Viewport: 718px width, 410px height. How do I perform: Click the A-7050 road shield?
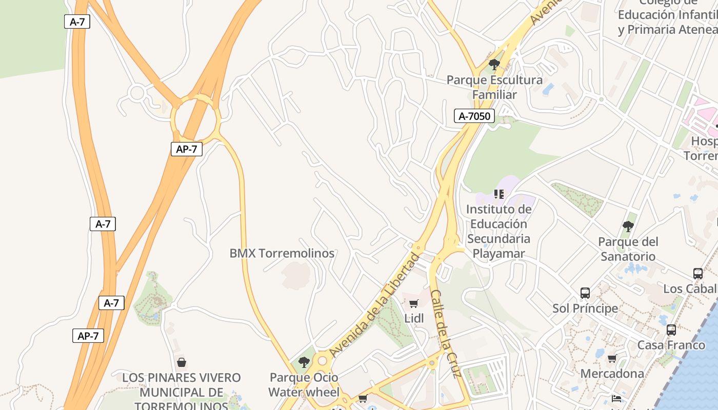coord(474,116)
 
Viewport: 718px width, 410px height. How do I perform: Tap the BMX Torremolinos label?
coord(282,253)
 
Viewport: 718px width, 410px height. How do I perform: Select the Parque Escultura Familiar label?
coord(494,87)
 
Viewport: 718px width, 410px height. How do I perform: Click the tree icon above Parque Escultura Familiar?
coord(494,65)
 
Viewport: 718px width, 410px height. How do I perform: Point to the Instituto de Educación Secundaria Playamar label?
coord(499,231)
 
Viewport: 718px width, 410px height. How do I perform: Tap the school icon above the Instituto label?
coord(499,194)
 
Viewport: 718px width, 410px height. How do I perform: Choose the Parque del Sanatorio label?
coord(628,249)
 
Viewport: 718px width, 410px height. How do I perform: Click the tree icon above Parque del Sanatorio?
coord(628,227)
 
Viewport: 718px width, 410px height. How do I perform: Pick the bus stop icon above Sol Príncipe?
coord(585,293)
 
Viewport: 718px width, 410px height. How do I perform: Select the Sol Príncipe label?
coord(585,309)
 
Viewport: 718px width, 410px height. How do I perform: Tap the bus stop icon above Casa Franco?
coord(671,330)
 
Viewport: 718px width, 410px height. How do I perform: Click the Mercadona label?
coord(612,374)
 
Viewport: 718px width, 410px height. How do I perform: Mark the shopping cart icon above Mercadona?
coord(612,359)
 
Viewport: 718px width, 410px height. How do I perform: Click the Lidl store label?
coord(414,319)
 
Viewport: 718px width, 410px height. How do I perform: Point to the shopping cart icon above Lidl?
coord(414,303)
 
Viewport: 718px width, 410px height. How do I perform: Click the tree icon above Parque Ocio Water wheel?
coord(304,362)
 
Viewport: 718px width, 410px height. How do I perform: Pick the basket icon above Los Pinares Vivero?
coord(182,362)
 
